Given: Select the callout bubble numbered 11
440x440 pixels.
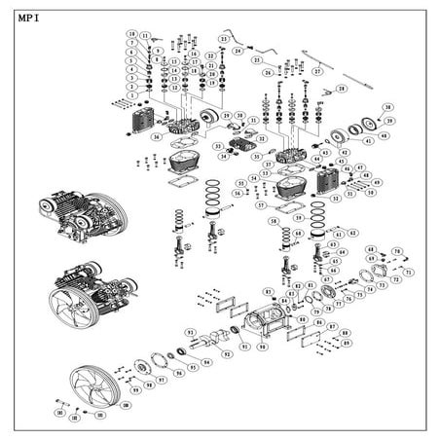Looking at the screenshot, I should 144,35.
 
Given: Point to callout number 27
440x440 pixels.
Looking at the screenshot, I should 317,71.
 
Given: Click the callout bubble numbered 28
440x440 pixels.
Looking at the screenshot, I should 341,89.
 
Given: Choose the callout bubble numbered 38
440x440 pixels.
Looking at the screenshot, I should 387,108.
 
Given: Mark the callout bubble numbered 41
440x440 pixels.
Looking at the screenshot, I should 368,140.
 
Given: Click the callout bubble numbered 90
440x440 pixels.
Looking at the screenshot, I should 262,346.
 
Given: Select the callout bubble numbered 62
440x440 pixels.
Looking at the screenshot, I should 351,234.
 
